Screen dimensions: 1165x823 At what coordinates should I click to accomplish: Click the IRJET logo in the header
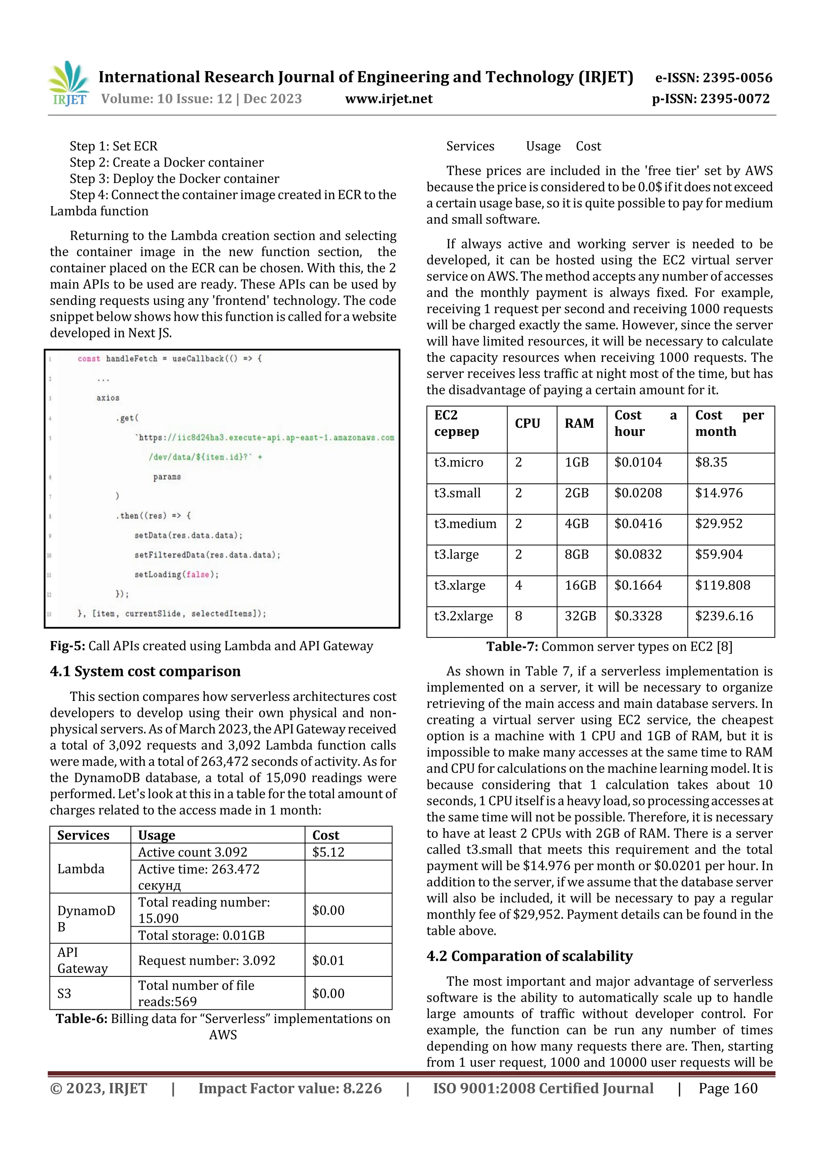[69, 84]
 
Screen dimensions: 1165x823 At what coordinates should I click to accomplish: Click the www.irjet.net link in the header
[389, 99]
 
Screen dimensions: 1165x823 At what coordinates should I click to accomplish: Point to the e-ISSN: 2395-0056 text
[713, 78]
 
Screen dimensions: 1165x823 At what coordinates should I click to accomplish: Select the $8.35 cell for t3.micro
[711, 462]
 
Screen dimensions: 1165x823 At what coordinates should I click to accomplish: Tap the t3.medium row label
[465, 524]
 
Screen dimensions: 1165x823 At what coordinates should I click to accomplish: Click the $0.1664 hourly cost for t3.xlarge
[638, 585]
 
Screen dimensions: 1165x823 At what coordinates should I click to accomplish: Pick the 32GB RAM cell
[580, 616]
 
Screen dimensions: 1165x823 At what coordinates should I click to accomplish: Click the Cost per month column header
[729, 423]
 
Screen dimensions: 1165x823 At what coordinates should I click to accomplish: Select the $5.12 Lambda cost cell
[328, 852]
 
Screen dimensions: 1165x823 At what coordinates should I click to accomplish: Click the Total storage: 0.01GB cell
[201, 935]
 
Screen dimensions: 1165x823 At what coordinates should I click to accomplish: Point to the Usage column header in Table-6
[157, 835]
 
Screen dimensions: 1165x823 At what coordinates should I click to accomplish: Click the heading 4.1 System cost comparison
[145, 671]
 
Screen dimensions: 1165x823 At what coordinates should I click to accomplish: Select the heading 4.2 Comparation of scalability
[529, 956]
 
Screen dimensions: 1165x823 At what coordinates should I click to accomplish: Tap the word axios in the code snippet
[108, 398]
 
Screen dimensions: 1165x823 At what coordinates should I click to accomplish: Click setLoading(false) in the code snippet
[176, 574]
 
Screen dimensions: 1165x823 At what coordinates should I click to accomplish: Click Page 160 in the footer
[728, 1088]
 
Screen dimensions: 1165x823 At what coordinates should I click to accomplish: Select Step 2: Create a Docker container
[167, 162]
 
